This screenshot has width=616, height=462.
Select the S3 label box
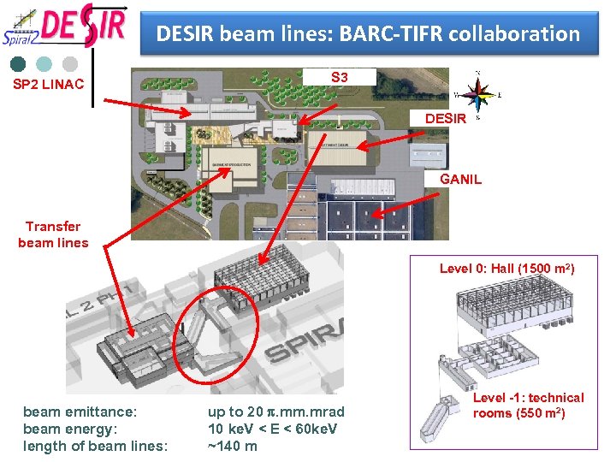tap(340, 78)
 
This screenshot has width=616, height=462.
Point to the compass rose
tap(477, 95)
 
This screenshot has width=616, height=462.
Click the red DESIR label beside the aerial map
tap(446, 119)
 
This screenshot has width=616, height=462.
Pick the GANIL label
tap(460, 180)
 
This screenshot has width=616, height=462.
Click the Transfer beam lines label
tap(53, 234)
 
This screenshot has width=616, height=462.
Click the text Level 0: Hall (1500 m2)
tap(506, 269)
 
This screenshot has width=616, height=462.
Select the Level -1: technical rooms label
tap(528, 406)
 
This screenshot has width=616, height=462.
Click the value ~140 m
tap(233, 445)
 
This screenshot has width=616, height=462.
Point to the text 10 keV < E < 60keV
tap(272, 429)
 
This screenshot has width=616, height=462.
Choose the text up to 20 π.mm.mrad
tap(275, 412)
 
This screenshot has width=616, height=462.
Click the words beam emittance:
tap(80, 412)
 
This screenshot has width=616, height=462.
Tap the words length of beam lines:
tap(95, 445)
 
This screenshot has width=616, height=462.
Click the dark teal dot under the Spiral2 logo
tap(17, 63)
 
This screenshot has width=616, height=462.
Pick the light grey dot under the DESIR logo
tap(70, 63)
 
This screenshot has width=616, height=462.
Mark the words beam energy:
tap(72, 429)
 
